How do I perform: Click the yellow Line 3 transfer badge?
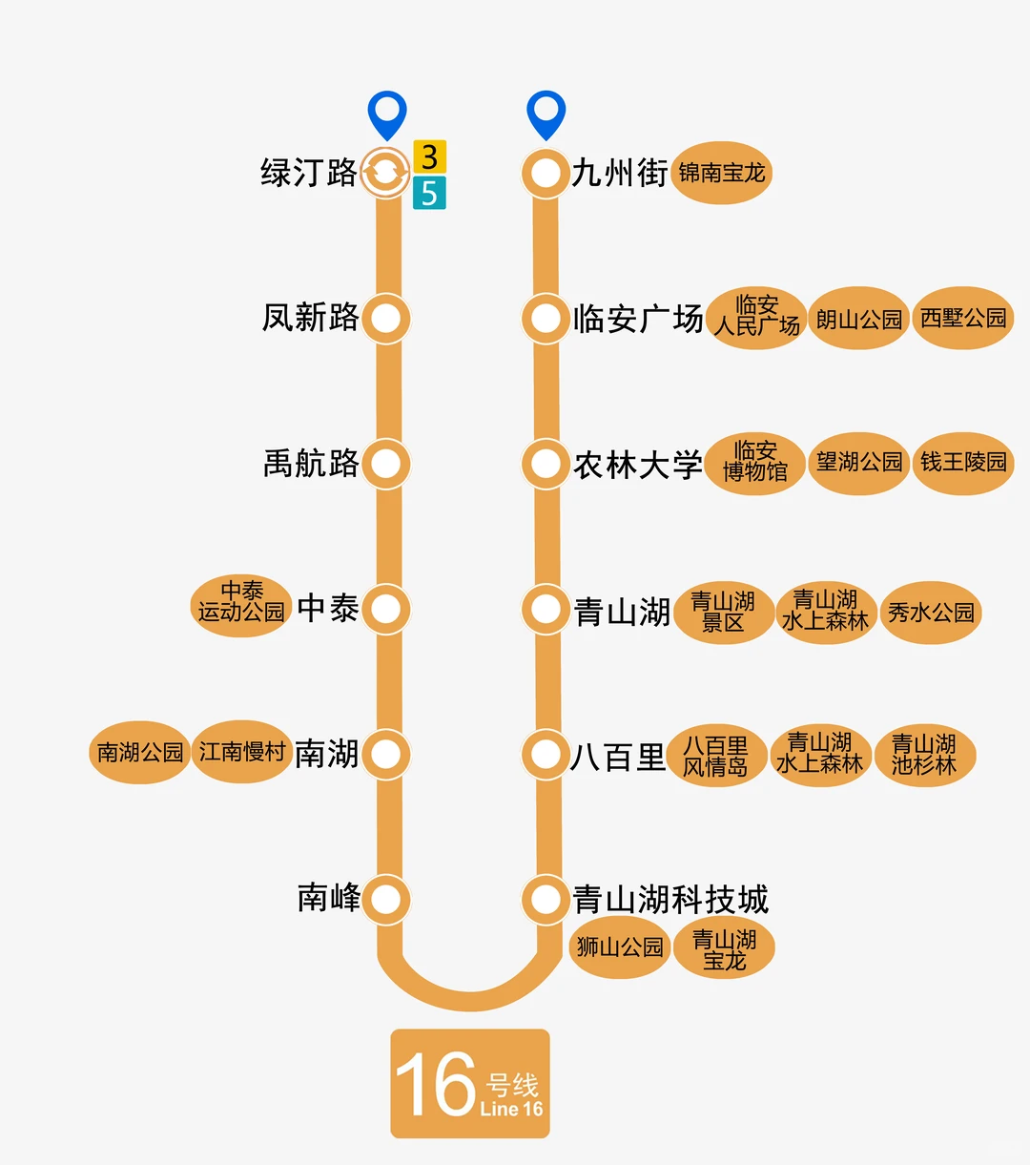point(429,156)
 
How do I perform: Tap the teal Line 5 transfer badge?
point(429,193)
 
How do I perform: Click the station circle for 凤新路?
point(386,319)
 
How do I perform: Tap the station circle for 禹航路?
point(386,464)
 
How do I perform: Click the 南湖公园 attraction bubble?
point(140,753)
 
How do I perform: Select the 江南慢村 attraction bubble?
point(242,752)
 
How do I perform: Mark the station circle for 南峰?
point(386,899)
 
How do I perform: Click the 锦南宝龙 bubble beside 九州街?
point(722,173)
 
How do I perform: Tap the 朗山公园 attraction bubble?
point(859,319)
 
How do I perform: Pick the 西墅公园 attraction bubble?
point(963,318)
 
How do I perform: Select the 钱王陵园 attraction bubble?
point(963,463)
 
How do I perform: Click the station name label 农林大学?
point(638,465)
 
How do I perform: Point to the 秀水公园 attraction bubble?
point(931,613)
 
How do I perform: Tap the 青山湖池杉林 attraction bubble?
point(924,754)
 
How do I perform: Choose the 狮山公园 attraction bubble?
point(620,947)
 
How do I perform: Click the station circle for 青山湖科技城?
point(546,899)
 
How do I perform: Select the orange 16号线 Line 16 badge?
point(470,1084)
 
